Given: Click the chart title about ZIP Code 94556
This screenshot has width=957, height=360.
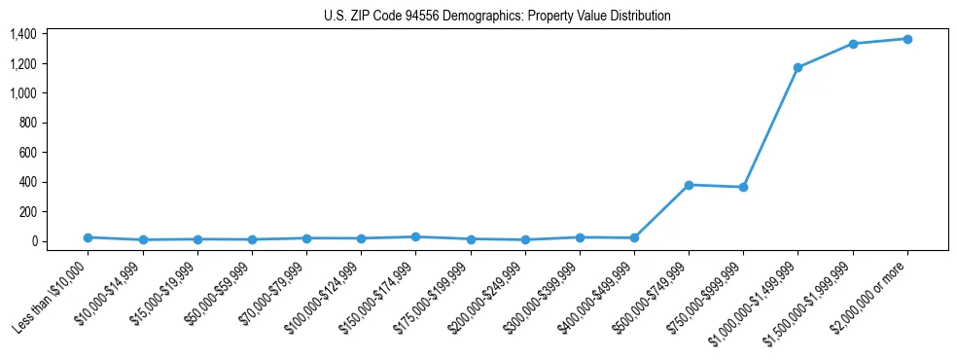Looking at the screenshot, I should [x=497, y=17].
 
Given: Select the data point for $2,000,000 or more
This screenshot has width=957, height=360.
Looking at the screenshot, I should [x=907, y=39].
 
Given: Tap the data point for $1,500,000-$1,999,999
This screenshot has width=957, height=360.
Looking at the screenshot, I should [x=853, y=44].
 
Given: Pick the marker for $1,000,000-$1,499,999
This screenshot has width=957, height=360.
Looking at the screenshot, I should [x=797, y=67].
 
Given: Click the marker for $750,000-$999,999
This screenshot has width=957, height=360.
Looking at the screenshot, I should [x=743, y=187].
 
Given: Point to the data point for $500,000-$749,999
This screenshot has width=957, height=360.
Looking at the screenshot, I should [x=689, y=185].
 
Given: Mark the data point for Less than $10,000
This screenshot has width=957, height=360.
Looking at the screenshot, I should [x=89, y=237].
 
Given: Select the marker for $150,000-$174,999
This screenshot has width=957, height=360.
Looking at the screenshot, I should [x=416, y=236].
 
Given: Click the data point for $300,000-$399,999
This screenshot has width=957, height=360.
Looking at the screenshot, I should [x=580, y=237].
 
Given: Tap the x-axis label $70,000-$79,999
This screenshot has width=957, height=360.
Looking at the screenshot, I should [x=272, y=295].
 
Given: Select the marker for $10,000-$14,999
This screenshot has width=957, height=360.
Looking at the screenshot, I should [x=143, y=239].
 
